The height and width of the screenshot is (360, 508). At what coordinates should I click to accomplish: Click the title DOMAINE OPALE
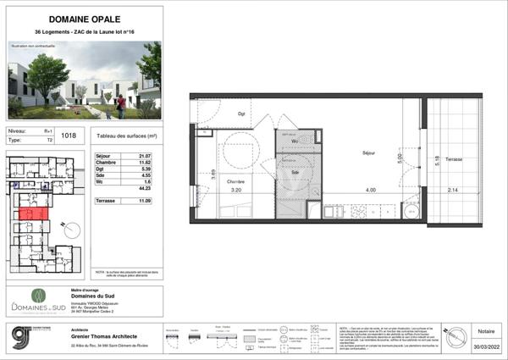tap(84, 18)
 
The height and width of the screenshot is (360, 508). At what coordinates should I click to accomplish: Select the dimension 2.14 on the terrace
tap(453, 191)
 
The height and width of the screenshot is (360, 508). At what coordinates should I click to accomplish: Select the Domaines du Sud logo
tap(37, 301)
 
